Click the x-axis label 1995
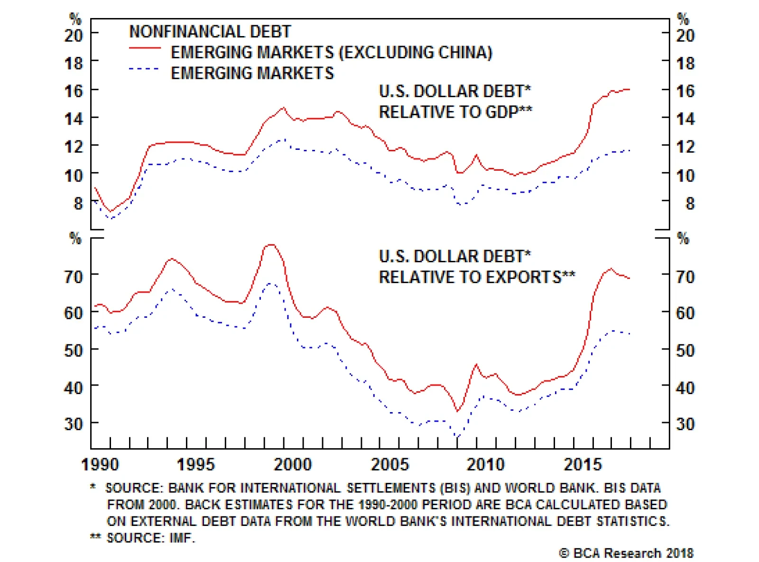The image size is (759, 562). pyautogui.click(x=195, y=464)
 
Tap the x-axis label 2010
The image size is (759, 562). pyautogui.click(x=485, y=464)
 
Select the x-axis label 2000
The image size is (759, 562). pyautogui.click(x=292, y=464)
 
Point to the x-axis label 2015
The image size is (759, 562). pyautogui.click(x=582, y=464)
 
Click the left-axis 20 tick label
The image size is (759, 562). pyautogui.click(x=74, y=35)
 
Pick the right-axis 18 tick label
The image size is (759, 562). pyautogui.click(x=685, y=63)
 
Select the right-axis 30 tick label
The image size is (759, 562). pyautogui.click(x=685, y=424)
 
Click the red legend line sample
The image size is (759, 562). pyautogui.click(x=145, y=48)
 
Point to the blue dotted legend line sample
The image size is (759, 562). pyautogui.click(x=145, y=69)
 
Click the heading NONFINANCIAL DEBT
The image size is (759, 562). pyautogui.click(x=210, y=31)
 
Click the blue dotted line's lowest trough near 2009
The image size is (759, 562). pyautogui.click(x=458, y=437)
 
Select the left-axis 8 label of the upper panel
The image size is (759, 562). pyautogui.click(x=78, y=203)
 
